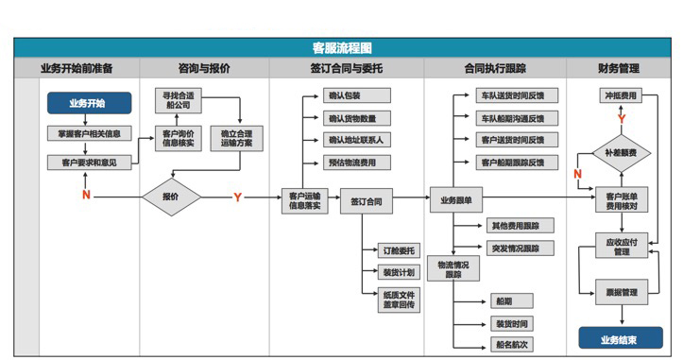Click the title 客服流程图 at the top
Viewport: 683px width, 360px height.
(342, 47)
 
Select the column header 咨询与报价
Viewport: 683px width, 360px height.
(204, 69)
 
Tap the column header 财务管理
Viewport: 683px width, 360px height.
(619, 69)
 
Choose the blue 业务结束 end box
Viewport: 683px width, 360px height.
(619, 337)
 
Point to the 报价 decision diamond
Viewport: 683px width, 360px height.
(171, 197)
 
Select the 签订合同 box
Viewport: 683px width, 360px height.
(366, 201)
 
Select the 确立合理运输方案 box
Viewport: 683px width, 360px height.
(237, 140)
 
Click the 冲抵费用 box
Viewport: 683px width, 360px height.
(620, 96)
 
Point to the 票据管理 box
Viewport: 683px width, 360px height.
(620, 292)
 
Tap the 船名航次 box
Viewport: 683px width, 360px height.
(511, 344)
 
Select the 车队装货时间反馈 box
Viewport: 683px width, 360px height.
(512, 96)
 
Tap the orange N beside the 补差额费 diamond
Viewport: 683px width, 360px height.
(577, 174)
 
